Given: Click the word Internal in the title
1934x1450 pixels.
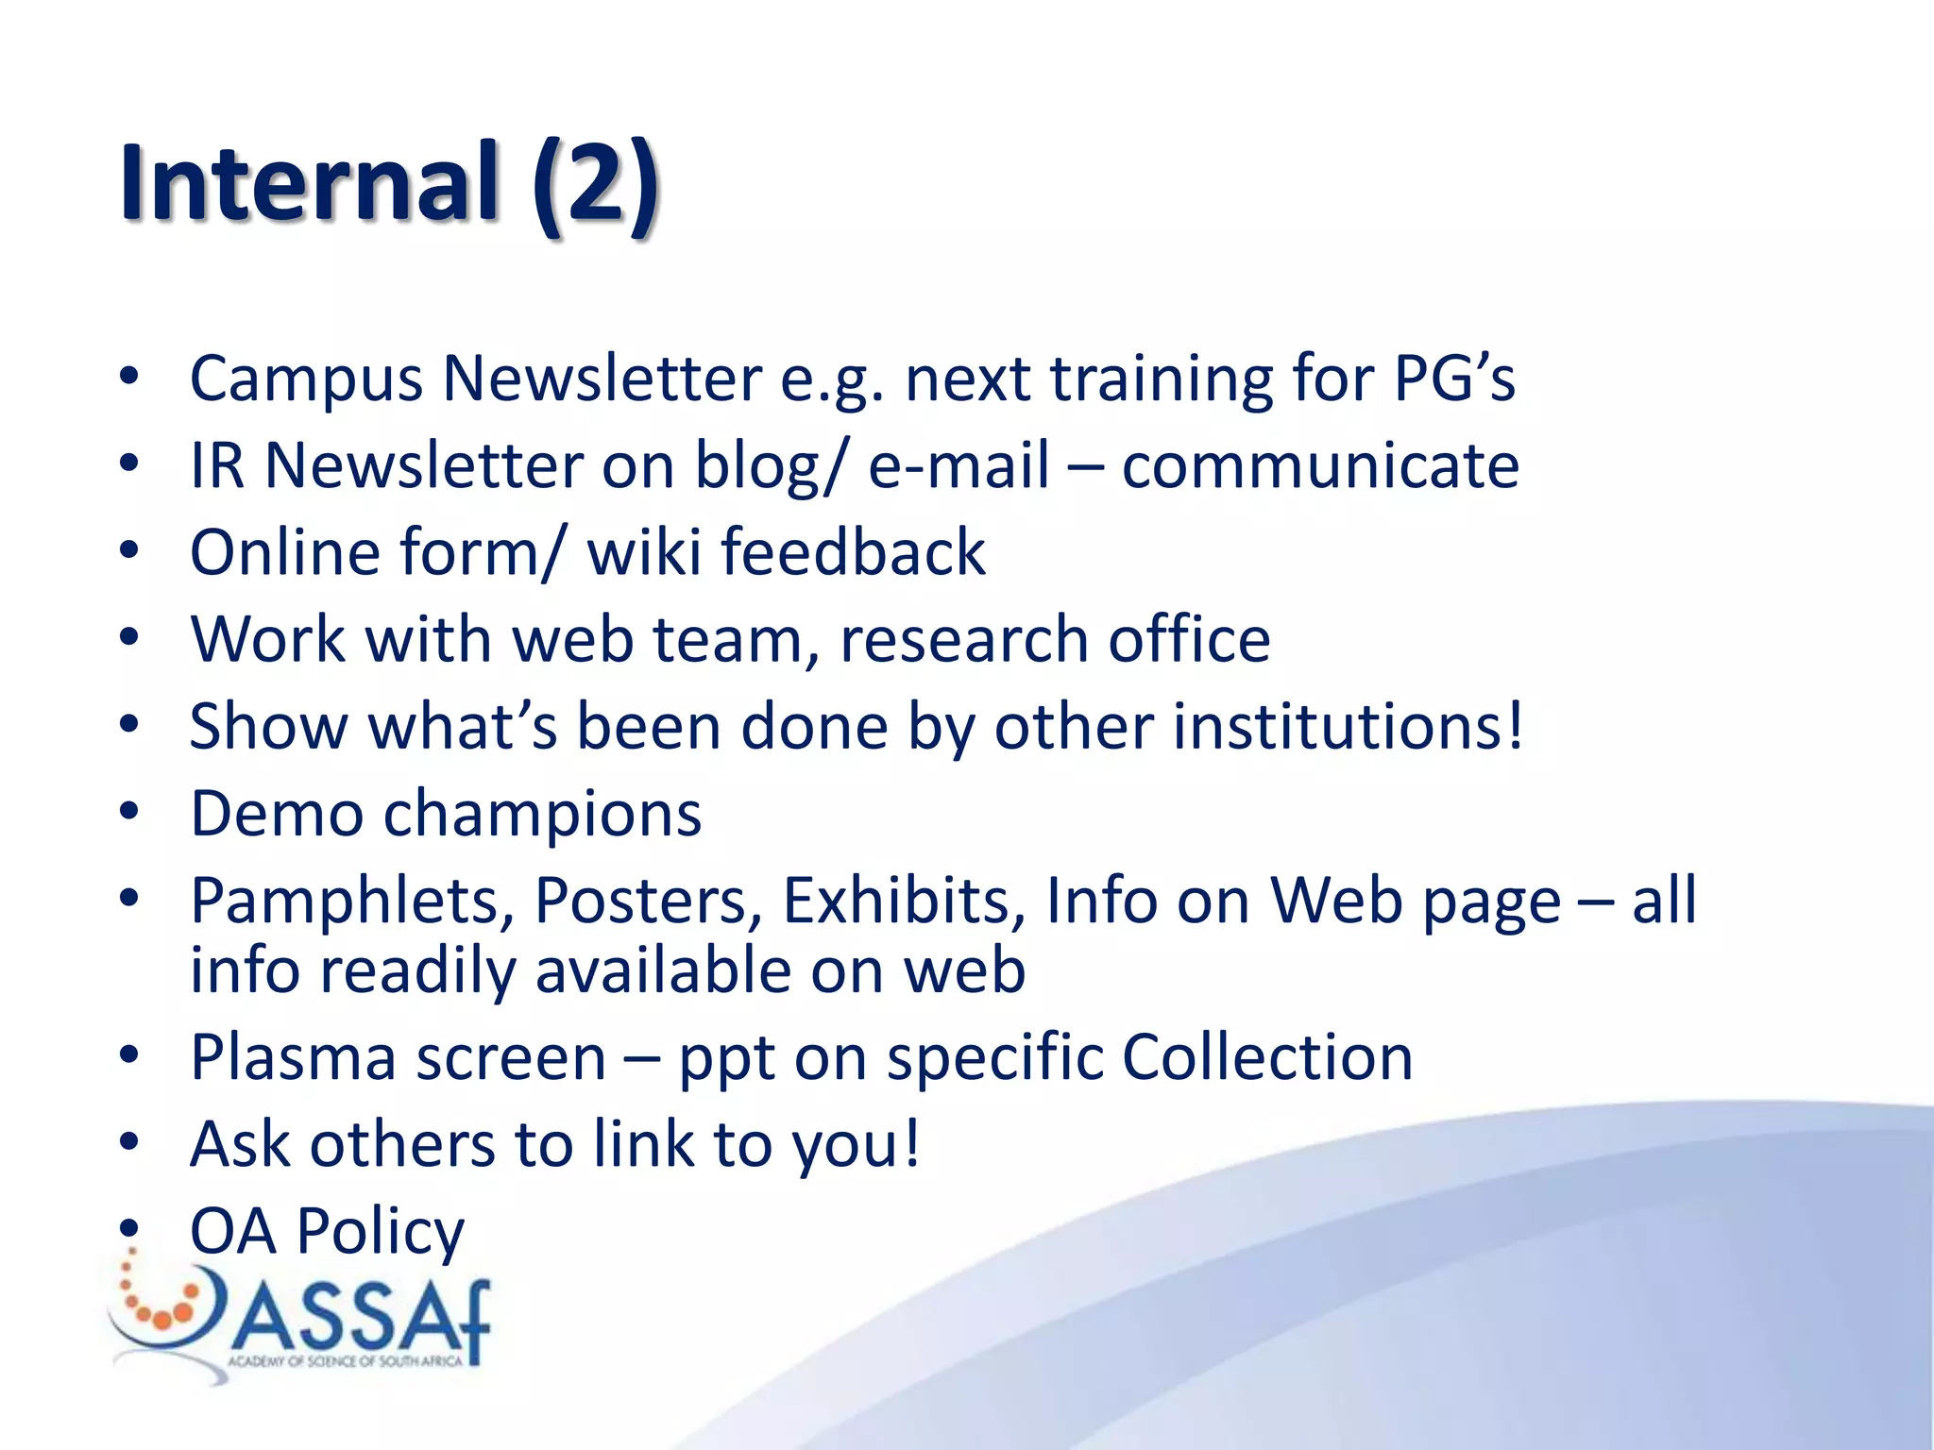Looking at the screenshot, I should pyautogui.click(x=308, y=181).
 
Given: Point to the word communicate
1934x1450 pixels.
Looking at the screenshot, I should pyautogui.click(x=1320, y=465).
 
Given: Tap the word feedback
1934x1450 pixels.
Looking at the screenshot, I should pyautogui.click(x=854, y=552).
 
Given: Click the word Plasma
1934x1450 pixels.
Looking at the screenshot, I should pyautogui.click(x=293, y=1057).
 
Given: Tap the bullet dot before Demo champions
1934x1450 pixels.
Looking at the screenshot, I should pyautogui.click(x=129, y=811).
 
